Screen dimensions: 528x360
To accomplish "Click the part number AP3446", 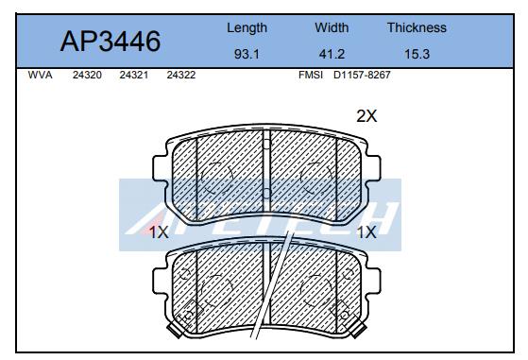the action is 111,42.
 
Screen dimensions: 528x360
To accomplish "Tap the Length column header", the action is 247,28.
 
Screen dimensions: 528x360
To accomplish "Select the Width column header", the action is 332,27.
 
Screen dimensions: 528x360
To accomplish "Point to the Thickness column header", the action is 417,27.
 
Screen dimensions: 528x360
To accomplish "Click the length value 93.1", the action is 247,54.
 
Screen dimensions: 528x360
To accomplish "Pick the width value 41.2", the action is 332,54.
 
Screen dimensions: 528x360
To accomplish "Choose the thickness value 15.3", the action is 417,54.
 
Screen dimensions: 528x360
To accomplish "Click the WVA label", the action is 40,75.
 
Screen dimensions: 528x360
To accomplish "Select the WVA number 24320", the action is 87,75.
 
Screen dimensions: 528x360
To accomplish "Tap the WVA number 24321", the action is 134,75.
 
